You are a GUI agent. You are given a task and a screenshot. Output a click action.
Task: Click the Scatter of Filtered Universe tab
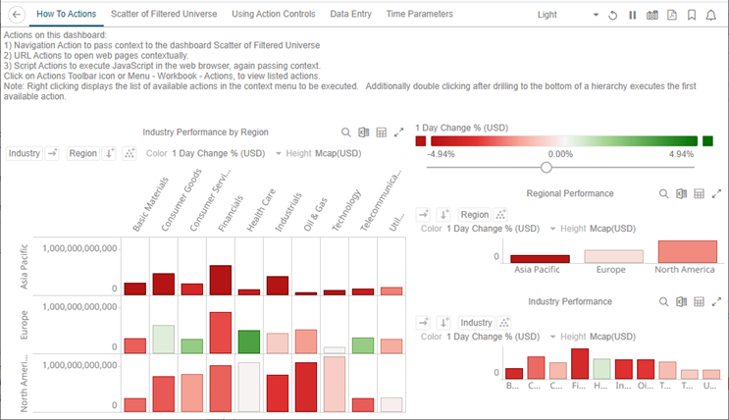coord(165,15)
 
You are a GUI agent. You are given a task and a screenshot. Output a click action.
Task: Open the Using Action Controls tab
coord(274,15)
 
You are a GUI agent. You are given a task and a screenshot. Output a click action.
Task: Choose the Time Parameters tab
coord(419,15)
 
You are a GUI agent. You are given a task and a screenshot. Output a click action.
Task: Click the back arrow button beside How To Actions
coord(17,16)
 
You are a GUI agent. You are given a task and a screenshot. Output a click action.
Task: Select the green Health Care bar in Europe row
coord(249,341)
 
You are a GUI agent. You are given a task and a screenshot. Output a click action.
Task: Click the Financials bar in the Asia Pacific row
coord(221,280)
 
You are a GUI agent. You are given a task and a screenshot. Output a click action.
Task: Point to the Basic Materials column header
coord(144,204)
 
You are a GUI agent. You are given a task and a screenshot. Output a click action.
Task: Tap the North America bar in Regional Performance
coord(687,251)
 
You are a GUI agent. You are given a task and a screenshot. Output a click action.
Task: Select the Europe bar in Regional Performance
coord(613,255)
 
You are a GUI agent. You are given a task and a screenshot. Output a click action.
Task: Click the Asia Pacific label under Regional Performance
coord(537,269)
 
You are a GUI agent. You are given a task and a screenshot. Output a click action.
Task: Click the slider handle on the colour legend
coord(547,167)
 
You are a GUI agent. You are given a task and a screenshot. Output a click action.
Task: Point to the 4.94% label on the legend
coord(680,154)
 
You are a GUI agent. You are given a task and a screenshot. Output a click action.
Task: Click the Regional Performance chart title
coord(570,194)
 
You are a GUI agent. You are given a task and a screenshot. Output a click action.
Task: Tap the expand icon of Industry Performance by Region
coord(398,132)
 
